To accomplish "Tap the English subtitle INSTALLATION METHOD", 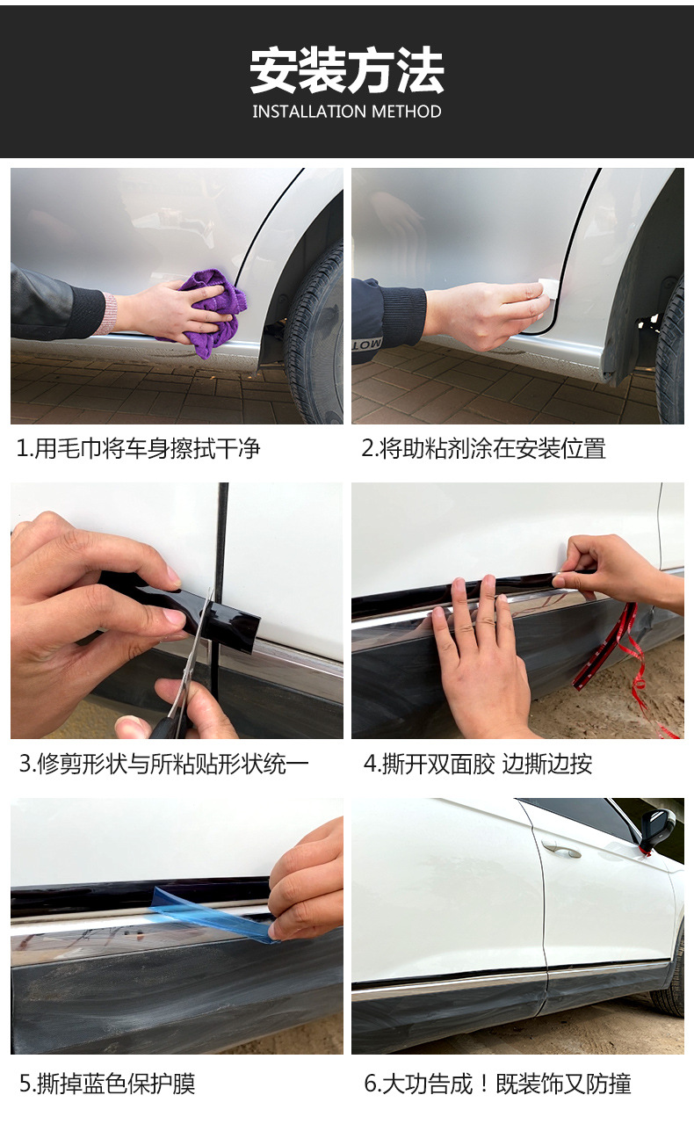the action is (x=347, y=112).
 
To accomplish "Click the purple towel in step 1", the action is (x=213, y=311).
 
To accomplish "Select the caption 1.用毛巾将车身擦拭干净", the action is (x=139, y=448).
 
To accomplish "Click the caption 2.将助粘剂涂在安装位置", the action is (x=483, y=448).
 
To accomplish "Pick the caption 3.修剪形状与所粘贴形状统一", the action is (x=163, y=764).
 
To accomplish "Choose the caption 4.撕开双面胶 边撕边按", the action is (x=478, y=764).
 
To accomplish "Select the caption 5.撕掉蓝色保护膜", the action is (x=107, y=1084).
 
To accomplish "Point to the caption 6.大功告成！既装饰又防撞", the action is (x=497, y=1084).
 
